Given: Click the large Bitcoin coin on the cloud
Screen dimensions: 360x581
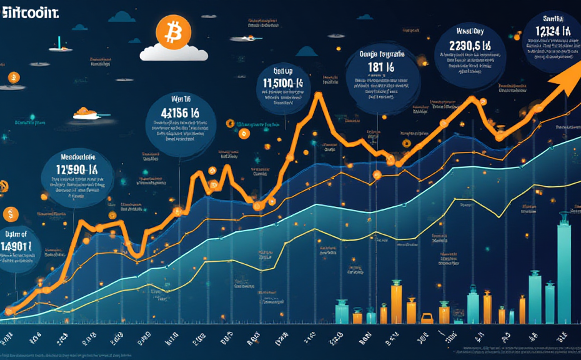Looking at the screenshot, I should tap(171, 30).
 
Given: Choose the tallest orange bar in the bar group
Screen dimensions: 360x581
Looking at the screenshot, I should tap(397, 303).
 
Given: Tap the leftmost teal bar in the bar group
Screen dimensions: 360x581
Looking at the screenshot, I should tap(342, 311).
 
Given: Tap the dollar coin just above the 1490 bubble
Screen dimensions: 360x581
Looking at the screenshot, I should tap(10, 214).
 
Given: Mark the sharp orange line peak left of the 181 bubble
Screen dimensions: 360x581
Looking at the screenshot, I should tap(319, 95).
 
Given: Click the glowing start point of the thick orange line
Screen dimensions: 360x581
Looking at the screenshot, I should tap(7, 311).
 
